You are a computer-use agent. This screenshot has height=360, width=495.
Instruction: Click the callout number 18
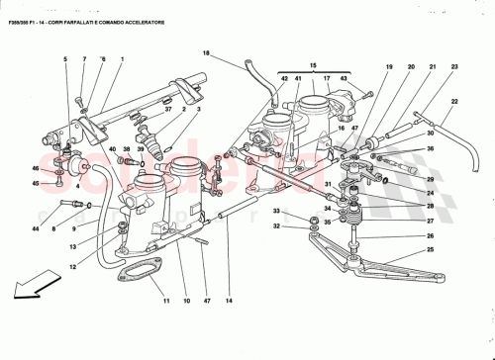coord(206,53)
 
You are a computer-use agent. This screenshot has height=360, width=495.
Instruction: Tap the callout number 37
coord(168,110)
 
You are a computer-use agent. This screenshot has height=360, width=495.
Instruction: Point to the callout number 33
coord(279,212)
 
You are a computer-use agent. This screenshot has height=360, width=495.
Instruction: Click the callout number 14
coord(229,300)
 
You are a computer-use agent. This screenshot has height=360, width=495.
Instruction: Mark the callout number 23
coord(454,66)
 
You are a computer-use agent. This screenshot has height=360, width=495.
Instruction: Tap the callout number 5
coord(65,60)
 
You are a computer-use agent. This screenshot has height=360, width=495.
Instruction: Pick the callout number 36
coord(430,149)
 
